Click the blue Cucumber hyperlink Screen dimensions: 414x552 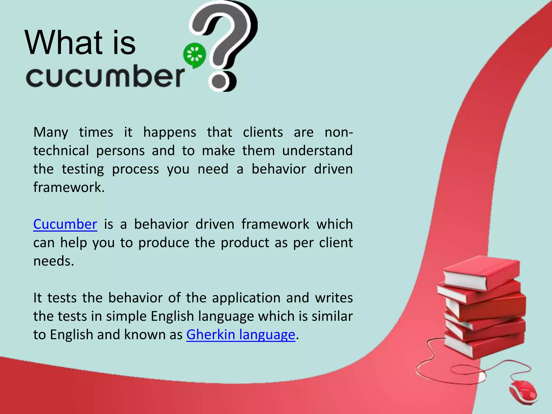(x=65, y=224)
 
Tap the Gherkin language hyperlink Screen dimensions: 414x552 (x=241, y=335)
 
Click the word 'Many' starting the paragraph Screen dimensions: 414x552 (x=51, y=133)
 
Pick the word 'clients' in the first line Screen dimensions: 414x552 (x=263, y=133)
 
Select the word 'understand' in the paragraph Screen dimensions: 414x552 (x=317, y=151)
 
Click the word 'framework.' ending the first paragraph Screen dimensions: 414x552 (x=69, y=187)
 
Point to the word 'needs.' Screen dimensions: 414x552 (x=54, y=261)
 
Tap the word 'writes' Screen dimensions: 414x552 (x=334, y=298)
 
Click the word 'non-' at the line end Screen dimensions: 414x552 (x=339, y=133)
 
